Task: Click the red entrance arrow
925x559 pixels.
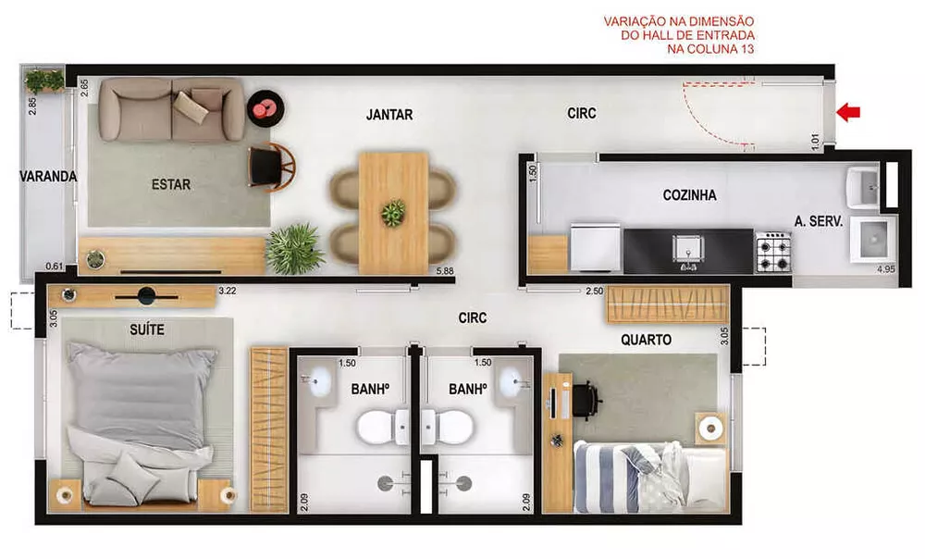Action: coord(848,112)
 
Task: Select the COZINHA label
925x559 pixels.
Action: coord(689,195)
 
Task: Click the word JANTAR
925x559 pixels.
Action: coord(389,115)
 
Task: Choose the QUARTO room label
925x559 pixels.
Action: coord(646,340)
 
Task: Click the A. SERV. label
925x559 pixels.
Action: coord(818,221)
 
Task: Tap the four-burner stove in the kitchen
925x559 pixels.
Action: coord(773,251)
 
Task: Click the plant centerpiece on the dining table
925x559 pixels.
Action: coord(393,212)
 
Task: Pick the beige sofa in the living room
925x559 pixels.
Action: coord(171,109)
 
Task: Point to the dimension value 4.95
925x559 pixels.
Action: coord(886,270)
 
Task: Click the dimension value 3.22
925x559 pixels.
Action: coord(228,291)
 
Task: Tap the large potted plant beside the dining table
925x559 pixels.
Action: coord(294,249)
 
